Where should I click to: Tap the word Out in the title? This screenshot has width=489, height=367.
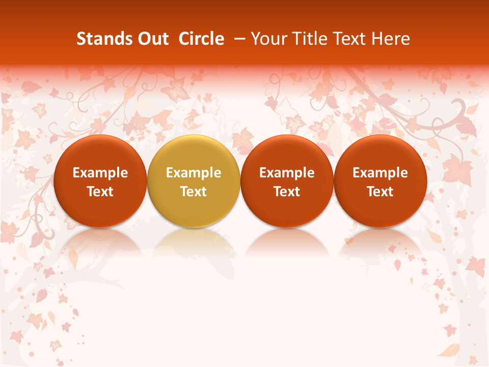152,39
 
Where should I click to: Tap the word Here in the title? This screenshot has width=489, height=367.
391,39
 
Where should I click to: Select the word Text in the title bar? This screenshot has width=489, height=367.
351,39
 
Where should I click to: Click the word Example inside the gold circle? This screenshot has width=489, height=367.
194,173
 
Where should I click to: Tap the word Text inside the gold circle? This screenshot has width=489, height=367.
194,192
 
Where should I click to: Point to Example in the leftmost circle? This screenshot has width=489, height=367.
100,173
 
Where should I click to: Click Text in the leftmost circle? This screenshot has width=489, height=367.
100,192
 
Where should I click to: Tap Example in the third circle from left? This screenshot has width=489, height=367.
287,173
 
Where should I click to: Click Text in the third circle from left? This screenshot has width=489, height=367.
287,192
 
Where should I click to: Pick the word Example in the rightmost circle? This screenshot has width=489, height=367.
381,173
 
